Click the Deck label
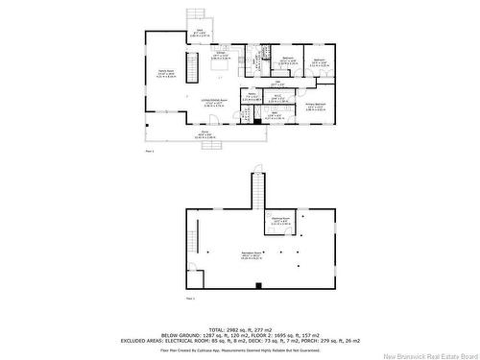click(201, 34)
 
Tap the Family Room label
click(165, 74)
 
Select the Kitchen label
click(220, 55)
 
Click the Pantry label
click(224, 96)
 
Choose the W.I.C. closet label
click(276, 96)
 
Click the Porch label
click(204, 134)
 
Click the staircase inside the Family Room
click(190, 69)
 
